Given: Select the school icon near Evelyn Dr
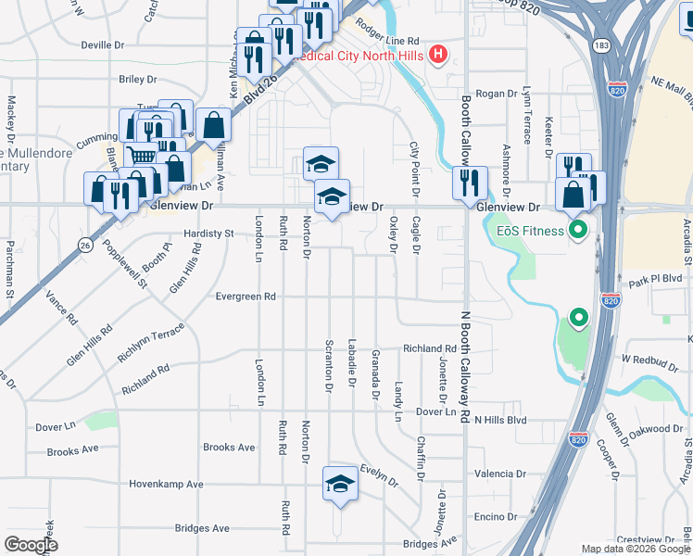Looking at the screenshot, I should point(340,484).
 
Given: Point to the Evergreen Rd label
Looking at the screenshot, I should point(246,297).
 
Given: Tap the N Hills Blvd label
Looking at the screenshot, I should point(500,420).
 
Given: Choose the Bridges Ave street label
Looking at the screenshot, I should point(202,528).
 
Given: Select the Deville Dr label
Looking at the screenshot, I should point(103,44).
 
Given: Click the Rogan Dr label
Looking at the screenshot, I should point(496,94).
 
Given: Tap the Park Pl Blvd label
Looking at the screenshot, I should point(655,278).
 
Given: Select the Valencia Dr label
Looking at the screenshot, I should point(500,474).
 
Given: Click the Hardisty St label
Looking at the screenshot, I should point(208,234).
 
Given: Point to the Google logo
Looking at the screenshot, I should point(31,545).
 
